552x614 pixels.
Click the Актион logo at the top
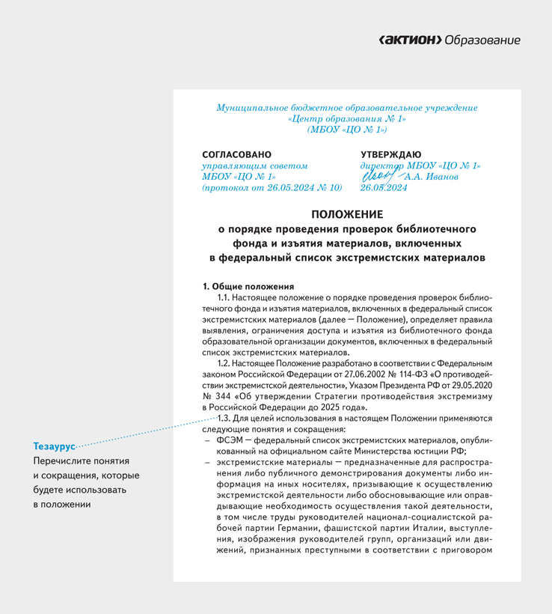(410, 40)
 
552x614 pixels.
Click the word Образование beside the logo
(482, 40)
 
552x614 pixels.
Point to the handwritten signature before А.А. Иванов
(379, 176)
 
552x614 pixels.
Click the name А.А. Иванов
(430, 177)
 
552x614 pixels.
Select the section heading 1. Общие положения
(248, 286)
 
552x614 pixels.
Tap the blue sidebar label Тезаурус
(55, 446)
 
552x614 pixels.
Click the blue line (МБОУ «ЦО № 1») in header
(346, 130)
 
